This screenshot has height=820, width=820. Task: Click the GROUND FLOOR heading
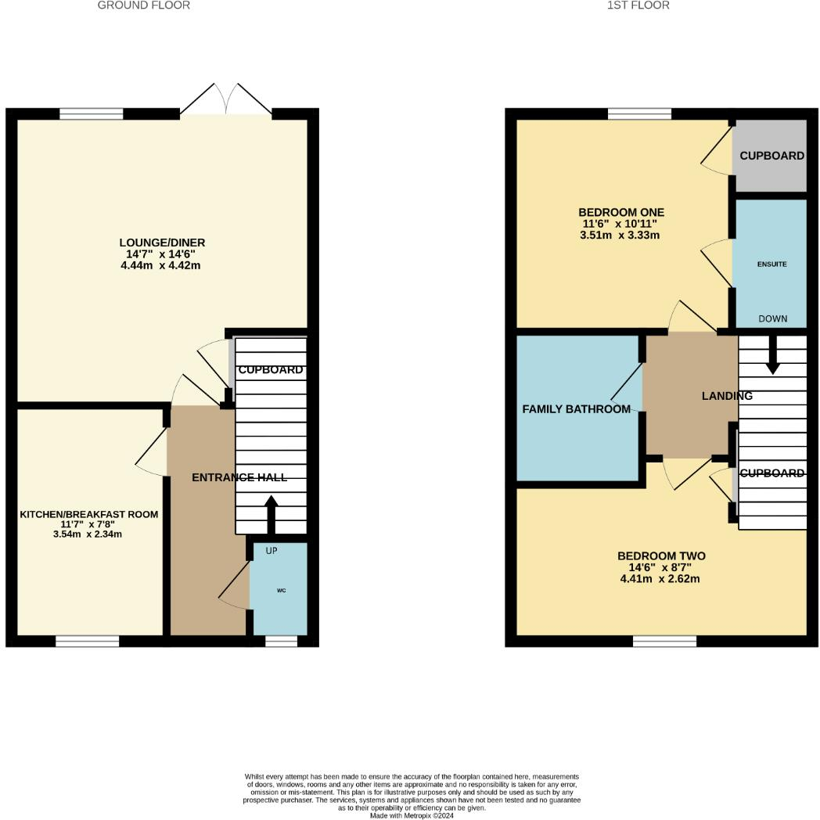coord(143,5)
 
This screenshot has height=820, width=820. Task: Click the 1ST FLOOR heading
coord(638,5)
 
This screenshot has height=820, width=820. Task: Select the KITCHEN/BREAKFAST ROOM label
coord(88,514)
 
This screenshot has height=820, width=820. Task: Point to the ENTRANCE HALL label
coord(239,477)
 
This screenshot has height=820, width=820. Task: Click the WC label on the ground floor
coord(279,590)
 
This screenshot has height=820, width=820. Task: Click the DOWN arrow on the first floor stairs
coord(772,355)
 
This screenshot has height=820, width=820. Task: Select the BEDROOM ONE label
coord(620,212)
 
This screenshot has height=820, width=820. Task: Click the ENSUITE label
coord(771,264)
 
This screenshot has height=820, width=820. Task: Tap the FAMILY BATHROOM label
coord(576,409)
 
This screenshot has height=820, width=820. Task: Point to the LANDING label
coord(726,396)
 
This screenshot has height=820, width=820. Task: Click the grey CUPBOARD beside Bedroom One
coord(771,156)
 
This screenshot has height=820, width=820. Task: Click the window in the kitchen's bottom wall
coord(87,641)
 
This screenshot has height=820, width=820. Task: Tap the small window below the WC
coord(281,641)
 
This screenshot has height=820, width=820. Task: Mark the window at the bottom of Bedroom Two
coord(664,641)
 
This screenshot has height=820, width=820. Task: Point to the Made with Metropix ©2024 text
coord(411,815)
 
